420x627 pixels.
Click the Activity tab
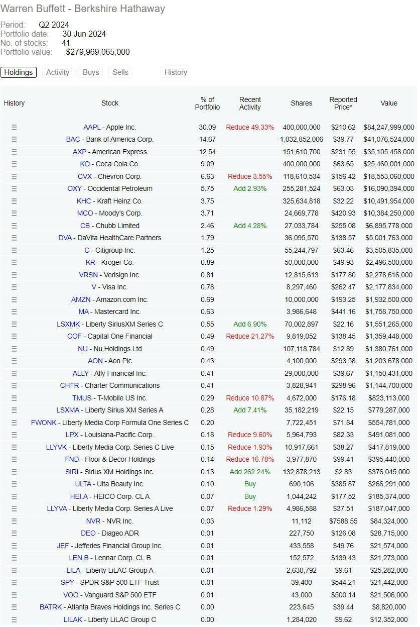click(58, 72)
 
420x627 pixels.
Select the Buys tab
click(91, 72)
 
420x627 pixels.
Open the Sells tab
click(120, 72)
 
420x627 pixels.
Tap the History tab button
click(176, 72)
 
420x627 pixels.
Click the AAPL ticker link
click(92, 127)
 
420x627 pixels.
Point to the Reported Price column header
click(343, 103)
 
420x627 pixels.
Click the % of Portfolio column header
click(207, 103)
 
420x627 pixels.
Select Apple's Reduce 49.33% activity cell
click(250, 127)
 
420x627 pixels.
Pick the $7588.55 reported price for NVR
click(343, 521)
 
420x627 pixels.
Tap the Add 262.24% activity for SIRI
click(250, 472)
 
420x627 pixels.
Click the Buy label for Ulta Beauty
click(250, 484)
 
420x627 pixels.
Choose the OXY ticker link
click(74, 189)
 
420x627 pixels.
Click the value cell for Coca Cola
click(389, 164)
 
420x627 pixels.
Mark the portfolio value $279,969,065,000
click(98, 52)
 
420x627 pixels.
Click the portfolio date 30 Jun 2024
click(84, 34)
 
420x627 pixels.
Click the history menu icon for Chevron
click(14, 176)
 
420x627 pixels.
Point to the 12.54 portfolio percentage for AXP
click(207, 152)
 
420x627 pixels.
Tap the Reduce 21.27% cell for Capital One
click(250, 336)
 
